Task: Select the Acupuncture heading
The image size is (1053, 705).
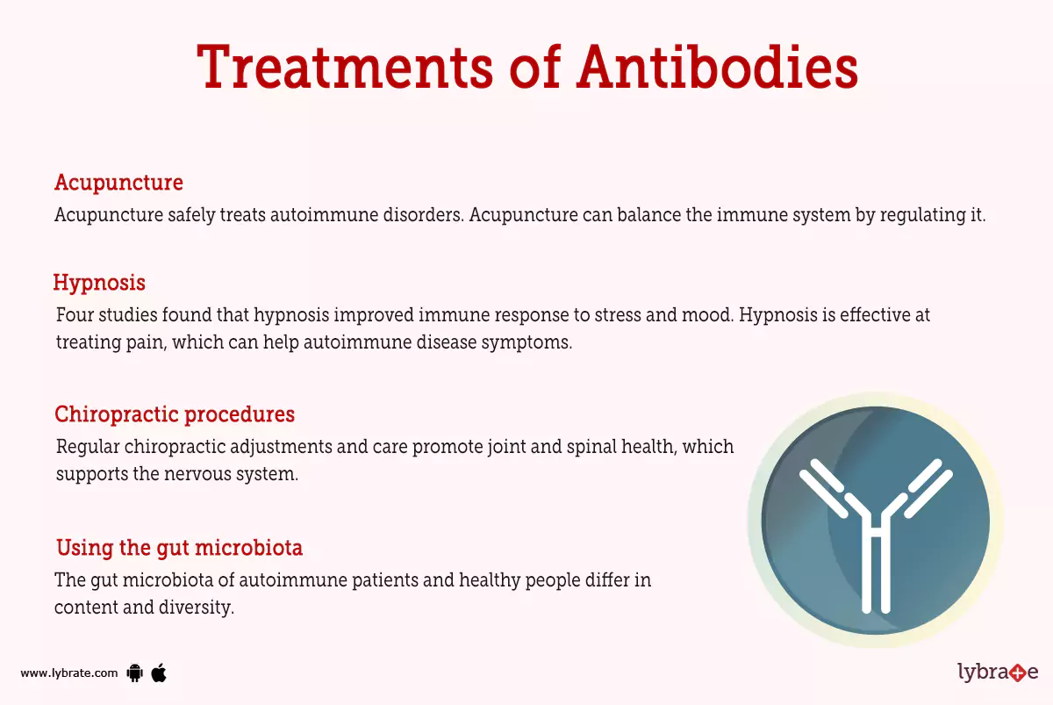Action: pyautogui.click(x=118, y=183)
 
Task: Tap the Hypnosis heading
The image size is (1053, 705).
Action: pyautogui.click(x=99, y=283)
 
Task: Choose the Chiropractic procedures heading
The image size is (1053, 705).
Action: pyautogui.click(x=175, y=414)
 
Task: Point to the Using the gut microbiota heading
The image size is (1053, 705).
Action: pyautogui.click(x=179, y=549)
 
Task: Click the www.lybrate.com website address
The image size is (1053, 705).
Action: pyautogui.click(x=68, y=673)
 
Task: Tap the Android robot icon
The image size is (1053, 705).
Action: pyautogui.click(x=134, y=673)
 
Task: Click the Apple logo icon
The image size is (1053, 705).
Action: pyautogui.click(x=159, y=673)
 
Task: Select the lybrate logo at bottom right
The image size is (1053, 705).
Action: pyautogui.click(x=998, y=673)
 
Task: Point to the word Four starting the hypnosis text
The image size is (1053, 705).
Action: pyautogui.click(x=75, y=315)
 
